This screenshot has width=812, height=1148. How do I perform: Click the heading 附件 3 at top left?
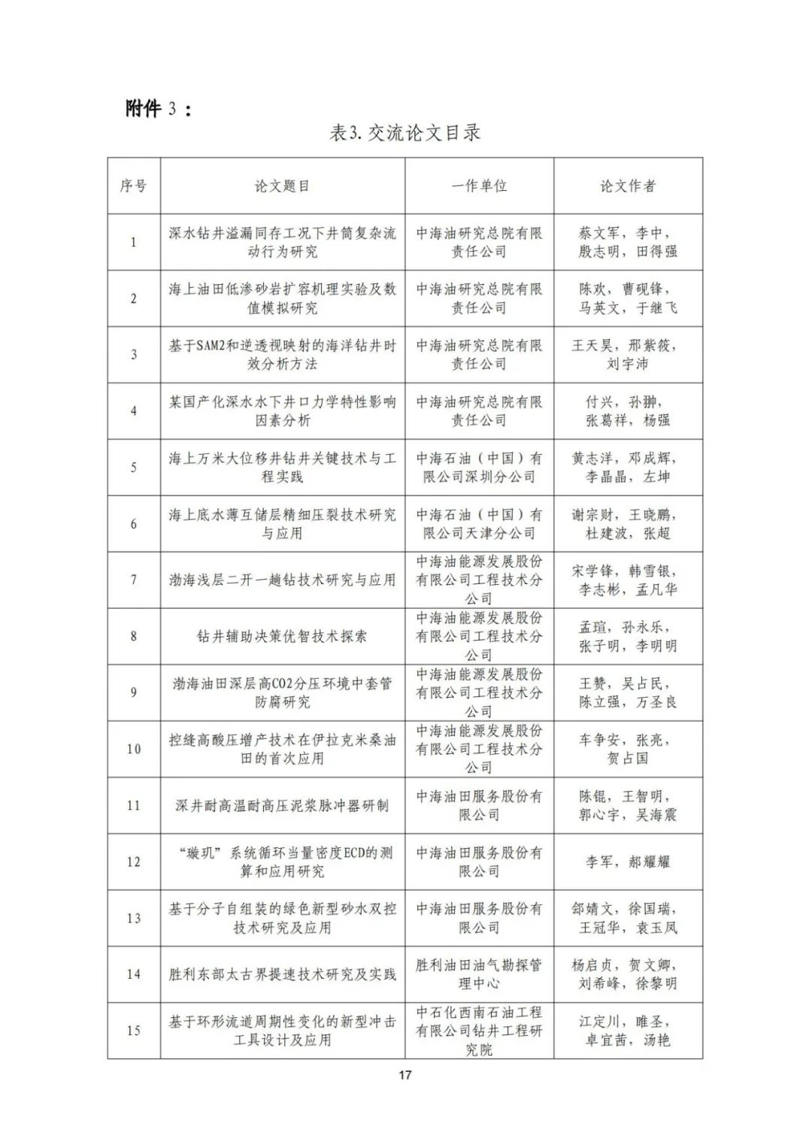[x=158, y=109]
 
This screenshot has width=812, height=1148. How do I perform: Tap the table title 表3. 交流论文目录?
[x=404, y=134]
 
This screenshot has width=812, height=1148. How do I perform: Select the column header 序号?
[x=133, y=186]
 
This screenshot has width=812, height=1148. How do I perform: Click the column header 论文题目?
[x=282, y=186]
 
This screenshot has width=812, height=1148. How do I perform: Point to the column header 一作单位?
[x=479, y=186]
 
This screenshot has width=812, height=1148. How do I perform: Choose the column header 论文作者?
[x=628, y=186]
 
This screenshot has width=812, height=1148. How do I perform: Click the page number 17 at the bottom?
[x=405, y=1075]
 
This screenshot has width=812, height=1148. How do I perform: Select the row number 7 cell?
[x=133, y=580]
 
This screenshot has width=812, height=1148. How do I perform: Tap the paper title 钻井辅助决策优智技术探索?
[x=282, y=636]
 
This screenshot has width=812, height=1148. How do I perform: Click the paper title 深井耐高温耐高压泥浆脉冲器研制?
[x=282, y=805]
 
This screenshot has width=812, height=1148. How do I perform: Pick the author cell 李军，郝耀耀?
[x=628, y=862]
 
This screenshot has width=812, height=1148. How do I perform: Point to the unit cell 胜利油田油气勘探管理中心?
[x=479, y=974]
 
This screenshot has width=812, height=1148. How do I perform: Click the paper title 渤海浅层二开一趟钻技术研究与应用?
[x=282, y=580]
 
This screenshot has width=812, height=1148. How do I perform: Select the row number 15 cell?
[x=133, y=1030]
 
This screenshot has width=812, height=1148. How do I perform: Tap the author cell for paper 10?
[x=628, y=749]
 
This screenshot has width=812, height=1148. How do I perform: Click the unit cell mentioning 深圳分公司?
[x=479, y=467]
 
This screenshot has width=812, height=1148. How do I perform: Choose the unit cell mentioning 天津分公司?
[x=479, y=523]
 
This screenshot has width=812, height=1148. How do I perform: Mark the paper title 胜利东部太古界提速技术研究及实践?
[x=282, y=974]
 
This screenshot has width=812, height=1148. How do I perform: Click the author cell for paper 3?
[x=628, y=354]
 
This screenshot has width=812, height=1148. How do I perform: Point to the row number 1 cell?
[x=133, y=242]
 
